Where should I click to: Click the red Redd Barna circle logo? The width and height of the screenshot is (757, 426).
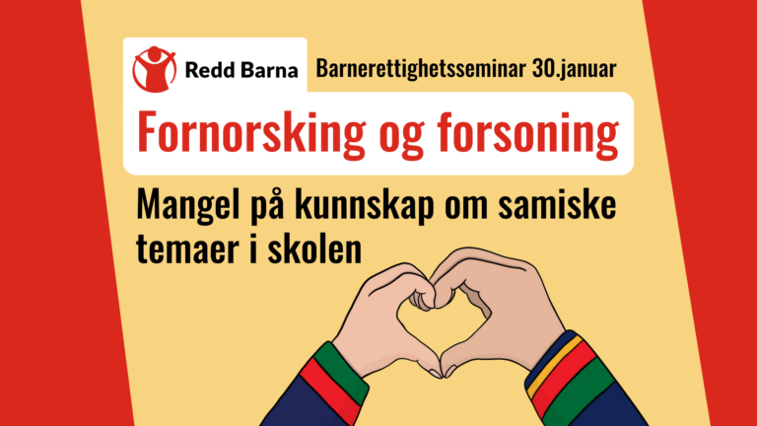[156, 67]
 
